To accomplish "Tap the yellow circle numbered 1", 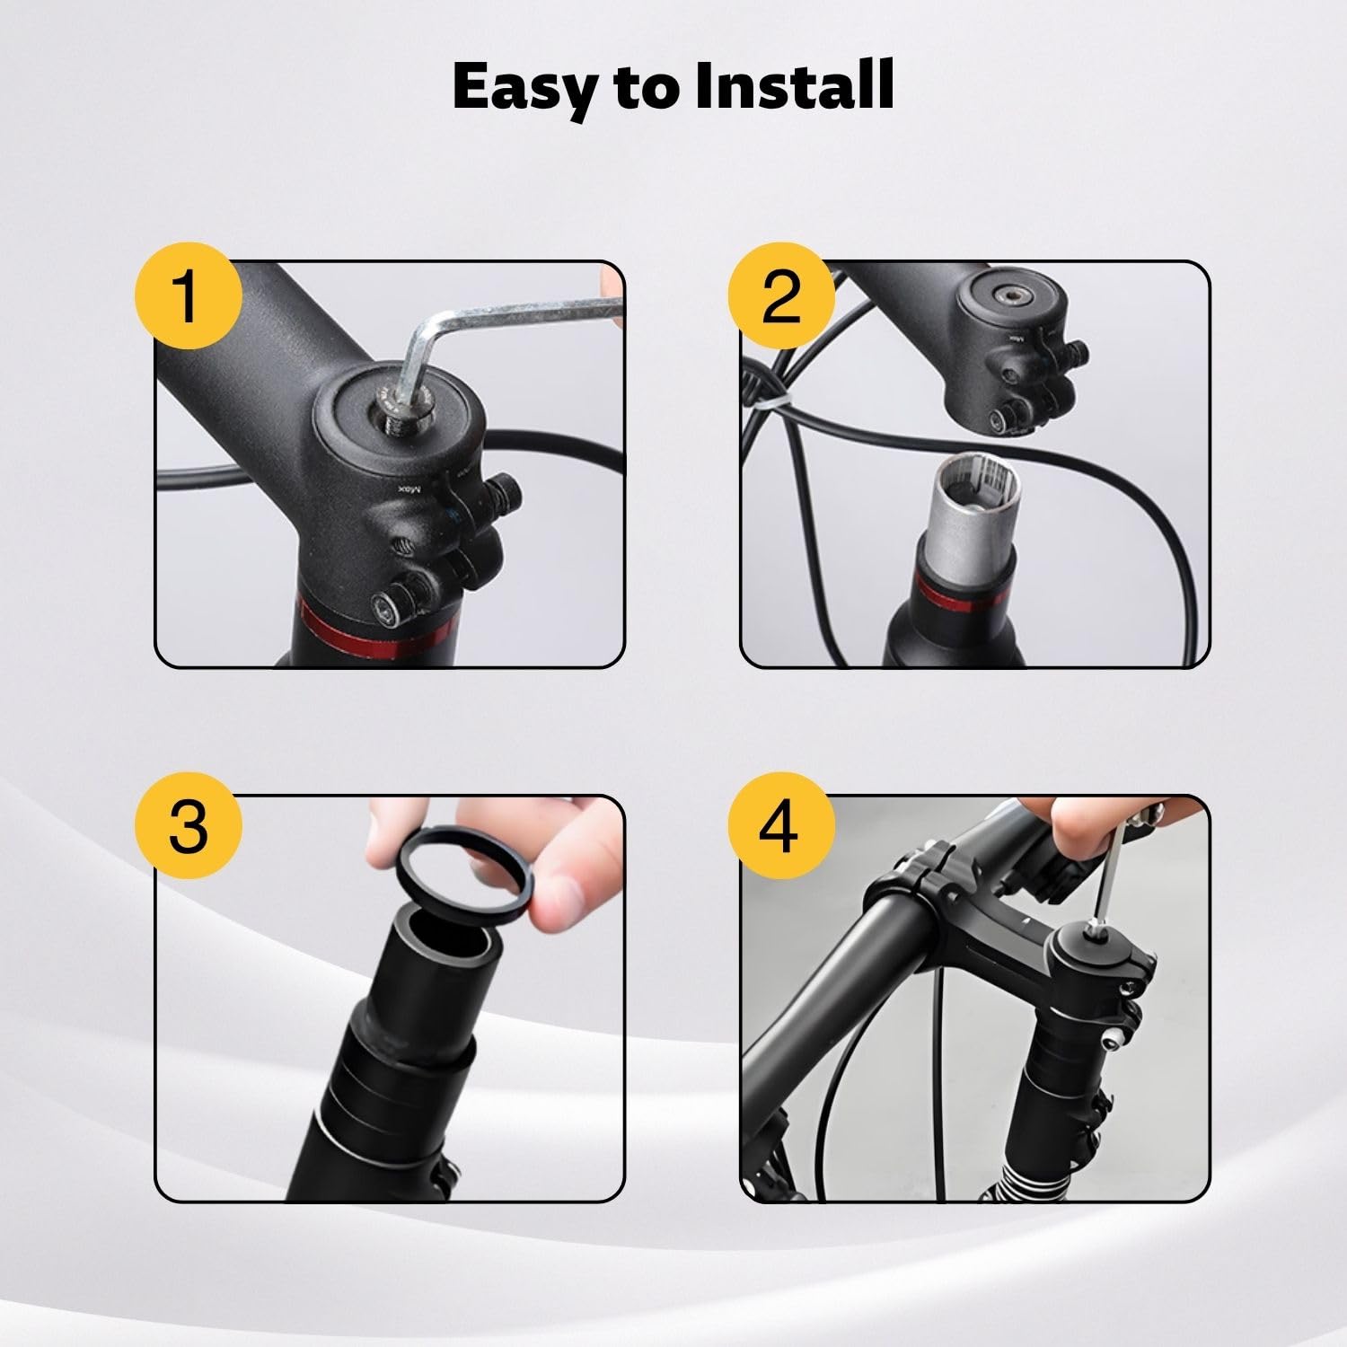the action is (x=188, y=296).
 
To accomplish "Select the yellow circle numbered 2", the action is (x=780, y=296).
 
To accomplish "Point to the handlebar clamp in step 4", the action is (x=916, y=885).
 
